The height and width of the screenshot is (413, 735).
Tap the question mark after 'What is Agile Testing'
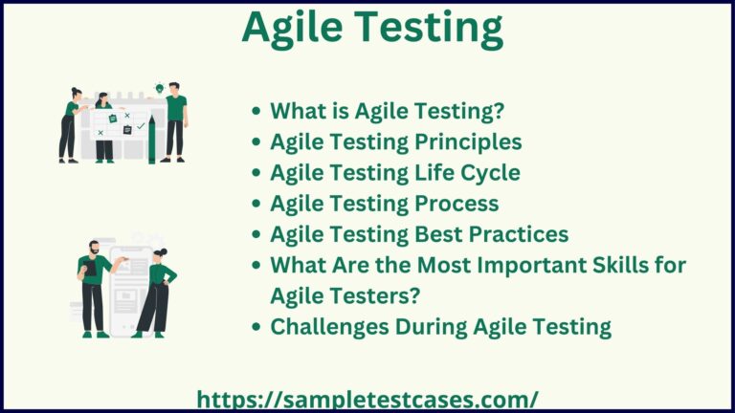(499, 112)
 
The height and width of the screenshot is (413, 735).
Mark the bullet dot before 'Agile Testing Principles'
(256, 143)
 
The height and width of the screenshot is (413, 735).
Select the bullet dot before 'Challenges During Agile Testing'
(256, 327)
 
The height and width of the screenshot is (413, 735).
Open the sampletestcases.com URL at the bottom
(367, 399)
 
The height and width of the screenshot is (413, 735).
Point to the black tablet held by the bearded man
(91, 272)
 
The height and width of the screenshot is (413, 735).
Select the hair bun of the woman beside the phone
(156, 250)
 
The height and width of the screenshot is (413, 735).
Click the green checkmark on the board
(141, 125)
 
